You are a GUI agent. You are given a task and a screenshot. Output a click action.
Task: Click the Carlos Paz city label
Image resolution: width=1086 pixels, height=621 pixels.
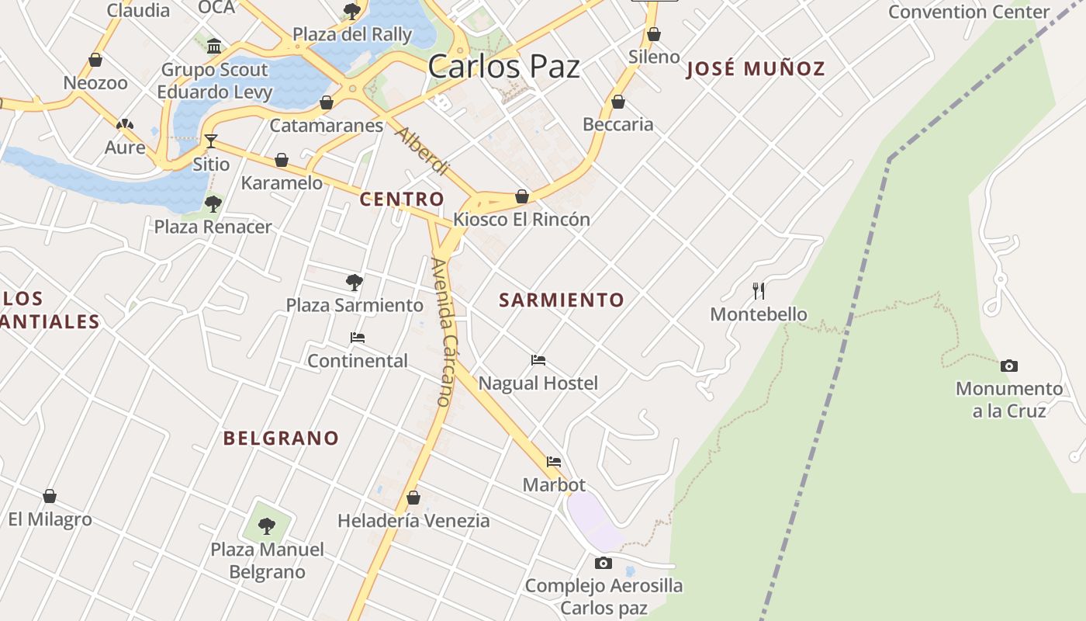pos(503,67)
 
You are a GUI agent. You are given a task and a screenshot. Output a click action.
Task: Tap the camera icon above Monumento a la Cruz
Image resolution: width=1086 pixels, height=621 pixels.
pos(1008,366)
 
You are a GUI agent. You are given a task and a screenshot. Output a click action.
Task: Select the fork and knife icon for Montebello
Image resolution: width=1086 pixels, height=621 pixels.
pos(759,291)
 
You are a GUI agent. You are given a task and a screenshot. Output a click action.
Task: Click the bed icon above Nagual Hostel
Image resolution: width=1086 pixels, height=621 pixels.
pos(538,359)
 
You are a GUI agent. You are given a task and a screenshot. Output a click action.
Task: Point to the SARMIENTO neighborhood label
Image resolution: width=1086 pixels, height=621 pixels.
pos(562,300)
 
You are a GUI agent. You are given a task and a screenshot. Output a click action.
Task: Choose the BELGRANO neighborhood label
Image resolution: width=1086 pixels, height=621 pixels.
pos(282,438)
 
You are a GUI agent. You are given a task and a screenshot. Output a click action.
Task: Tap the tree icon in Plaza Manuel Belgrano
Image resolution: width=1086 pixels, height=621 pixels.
pos(267,526)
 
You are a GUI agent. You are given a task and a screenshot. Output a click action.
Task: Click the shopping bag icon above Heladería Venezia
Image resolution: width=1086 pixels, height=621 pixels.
pos(413,498)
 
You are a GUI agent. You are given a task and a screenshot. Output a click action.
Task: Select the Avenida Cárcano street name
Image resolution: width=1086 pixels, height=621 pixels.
pos(441,332)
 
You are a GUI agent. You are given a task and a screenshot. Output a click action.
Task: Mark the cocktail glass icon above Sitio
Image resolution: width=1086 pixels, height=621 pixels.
pos(210,141)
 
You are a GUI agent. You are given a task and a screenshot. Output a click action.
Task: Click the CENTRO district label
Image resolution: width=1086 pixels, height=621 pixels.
pos(402,199)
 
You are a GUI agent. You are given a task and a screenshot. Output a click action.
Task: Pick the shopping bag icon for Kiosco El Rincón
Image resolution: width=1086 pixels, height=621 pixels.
pos(522,196)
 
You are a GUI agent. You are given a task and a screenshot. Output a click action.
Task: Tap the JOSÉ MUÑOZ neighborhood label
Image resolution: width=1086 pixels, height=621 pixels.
pos(756,68)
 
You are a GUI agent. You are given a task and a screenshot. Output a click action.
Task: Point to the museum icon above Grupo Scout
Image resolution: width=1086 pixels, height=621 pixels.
pos(214,46)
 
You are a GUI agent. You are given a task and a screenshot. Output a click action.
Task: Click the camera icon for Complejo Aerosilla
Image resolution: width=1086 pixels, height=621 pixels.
pos(604,563)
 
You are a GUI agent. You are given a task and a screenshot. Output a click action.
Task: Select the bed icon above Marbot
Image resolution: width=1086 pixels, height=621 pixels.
pos(554,461)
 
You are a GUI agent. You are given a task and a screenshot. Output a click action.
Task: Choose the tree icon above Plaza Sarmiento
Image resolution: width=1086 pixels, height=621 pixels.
pos(355,282)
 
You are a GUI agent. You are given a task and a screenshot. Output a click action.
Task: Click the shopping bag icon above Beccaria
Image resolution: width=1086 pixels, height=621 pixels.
pos(618,102)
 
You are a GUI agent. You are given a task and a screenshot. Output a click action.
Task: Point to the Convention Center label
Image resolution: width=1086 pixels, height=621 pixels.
pos(969,12)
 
